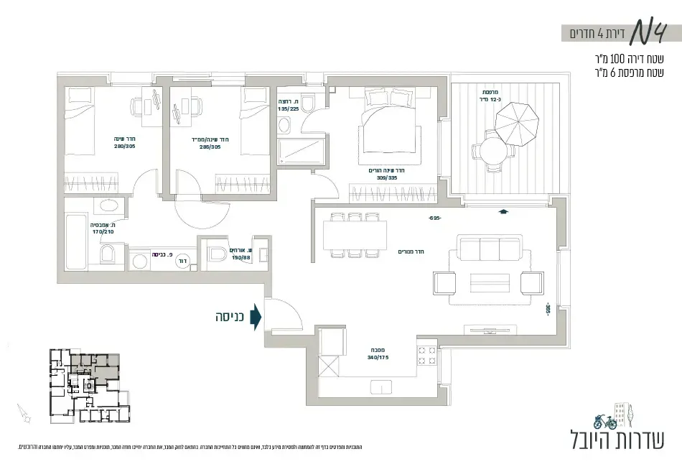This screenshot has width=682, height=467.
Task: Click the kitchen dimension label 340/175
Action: click(x=377, y=356)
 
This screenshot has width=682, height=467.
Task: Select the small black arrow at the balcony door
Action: click(x=504, y=212)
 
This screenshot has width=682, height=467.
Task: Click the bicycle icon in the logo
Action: click(x=605, y=421)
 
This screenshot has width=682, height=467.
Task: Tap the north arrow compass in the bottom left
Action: click(x=26, y=415)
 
